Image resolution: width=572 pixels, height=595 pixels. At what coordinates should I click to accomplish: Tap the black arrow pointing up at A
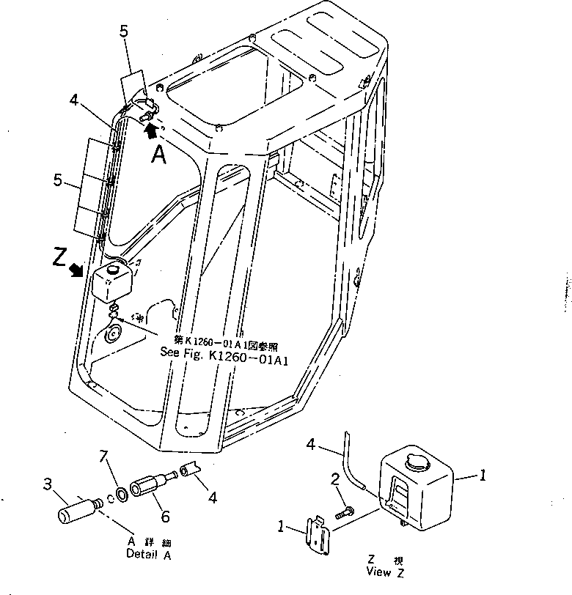151,130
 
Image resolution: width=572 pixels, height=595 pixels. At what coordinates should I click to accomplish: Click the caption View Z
385,571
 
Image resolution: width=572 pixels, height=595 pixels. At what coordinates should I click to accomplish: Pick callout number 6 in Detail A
165,517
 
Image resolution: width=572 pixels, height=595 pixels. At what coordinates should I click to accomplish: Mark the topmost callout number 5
124,32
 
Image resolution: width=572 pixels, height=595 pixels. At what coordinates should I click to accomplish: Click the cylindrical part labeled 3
78,508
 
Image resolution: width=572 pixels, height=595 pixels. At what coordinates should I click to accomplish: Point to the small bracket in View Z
317,536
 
